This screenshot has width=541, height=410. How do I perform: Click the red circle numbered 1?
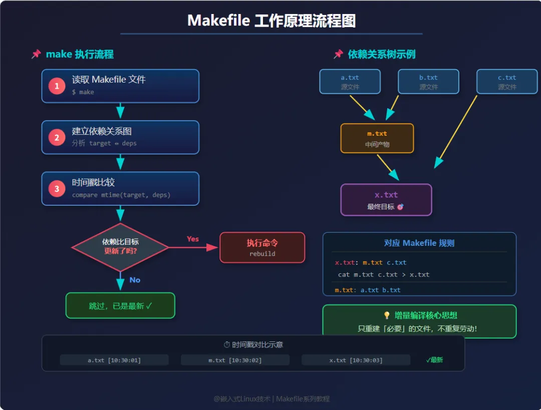pyautogui.click(x=57, y=86)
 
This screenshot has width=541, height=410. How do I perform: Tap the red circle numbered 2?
pyautogui.click(x=57, y=138)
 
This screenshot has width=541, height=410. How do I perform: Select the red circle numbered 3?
pyautogui.click(x=57, y=189)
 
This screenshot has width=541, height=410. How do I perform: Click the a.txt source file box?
pyautogui.click(x=350, y=82)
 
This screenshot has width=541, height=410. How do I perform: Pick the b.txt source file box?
pyautogui.click(x=428, y=82)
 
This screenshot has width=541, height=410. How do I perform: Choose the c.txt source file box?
pyautogui.click(x=506, y=82)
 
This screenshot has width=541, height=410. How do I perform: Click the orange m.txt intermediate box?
pyautogui.click(x=377, y=138)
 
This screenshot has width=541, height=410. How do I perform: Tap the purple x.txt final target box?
pyautogui.click(x=386, y=200)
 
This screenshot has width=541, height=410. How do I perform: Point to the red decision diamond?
pyautogui.click(x=120, y=246)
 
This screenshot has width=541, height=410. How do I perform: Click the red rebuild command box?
pyautogui.click(x=262, y=247)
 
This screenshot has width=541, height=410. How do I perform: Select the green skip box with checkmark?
pyautogui.click(x=120, y=305)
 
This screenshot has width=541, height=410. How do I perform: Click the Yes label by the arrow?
pyautogui.click(x=193, y=239)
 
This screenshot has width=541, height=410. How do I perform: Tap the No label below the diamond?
pyautogui.click(x=135, y=280)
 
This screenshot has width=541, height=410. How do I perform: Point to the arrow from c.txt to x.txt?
pyautogui.click(x=457, y=130)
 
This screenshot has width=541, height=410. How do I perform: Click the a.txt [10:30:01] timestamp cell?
pyautogui.click(x=114, y=360)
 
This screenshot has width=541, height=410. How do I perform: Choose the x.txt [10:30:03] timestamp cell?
pyautogui.click(x=356, y=360)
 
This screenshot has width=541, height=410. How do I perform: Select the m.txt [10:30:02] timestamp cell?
pyautogui.click(x=235, y=360)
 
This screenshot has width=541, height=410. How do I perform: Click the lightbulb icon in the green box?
pyautogui.click(x=387, y=315)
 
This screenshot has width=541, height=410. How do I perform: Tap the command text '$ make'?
pyautogui.click(x=83, y=92)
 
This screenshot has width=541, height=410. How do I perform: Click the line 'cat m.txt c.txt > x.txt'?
pyautogui.click(x=384, y=274)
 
